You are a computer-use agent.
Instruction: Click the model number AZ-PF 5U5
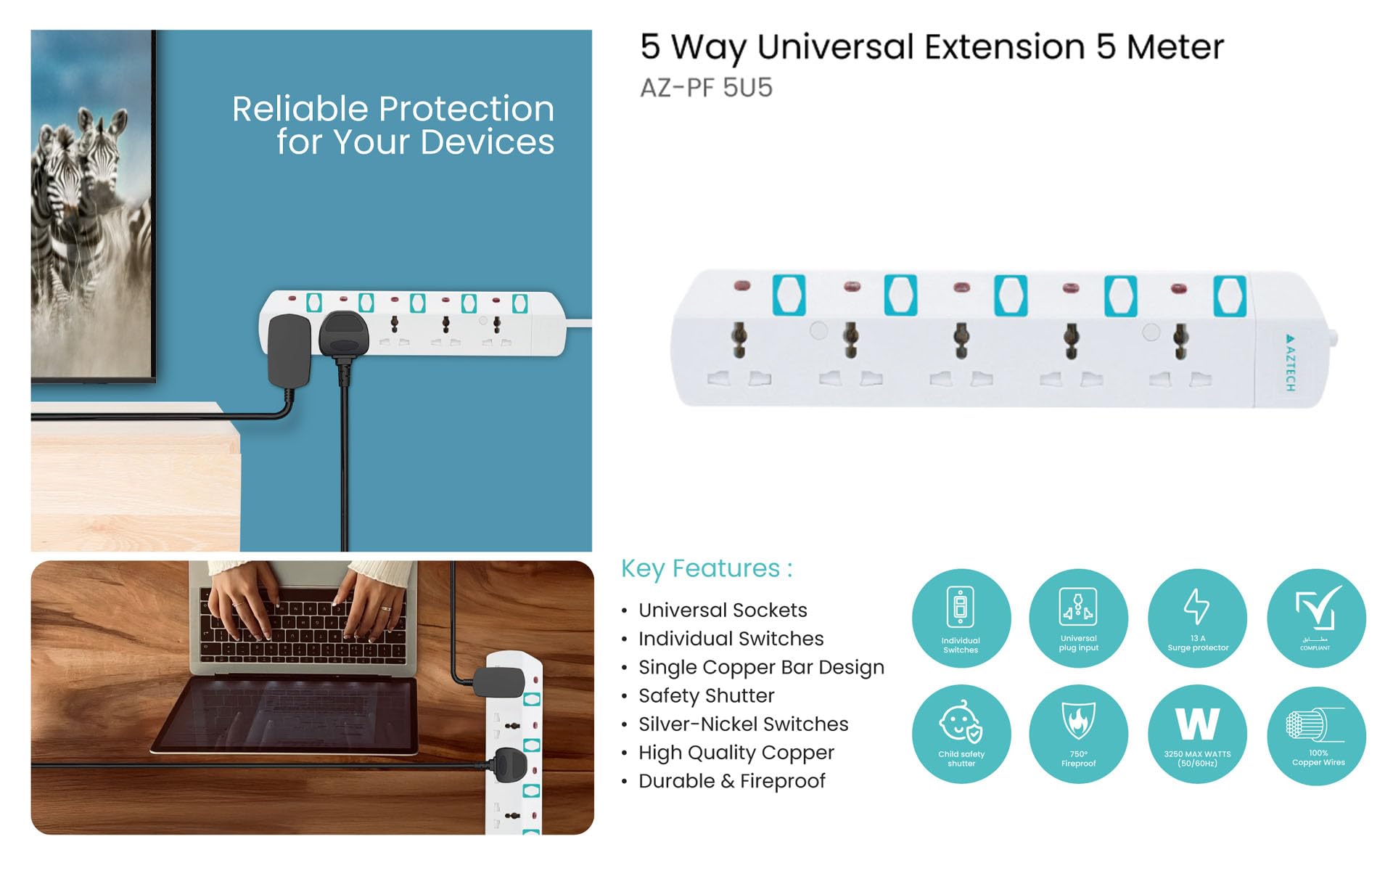click(x=706, y=88)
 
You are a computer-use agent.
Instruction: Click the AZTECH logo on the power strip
click(x=1290, y=362)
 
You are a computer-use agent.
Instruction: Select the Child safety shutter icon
click(x=961, y=734)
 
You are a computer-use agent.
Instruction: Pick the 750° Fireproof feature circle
click(x=1078, y=734)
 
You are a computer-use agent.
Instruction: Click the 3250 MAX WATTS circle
click(x=1197, y=734)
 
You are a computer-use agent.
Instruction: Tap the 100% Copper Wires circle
click(x=1316, y=735)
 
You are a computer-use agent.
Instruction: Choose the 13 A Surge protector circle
click(x=1197, y=618)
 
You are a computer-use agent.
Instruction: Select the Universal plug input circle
click(x=1078, y=618)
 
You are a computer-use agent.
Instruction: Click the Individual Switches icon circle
click(x=961, y=618)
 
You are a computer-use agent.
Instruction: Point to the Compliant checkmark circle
click(x=1316, y=618)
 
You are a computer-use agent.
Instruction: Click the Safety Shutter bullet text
click(x=706, y=695)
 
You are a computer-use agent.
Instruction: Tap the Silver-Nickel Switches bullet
click(x=743, y=724)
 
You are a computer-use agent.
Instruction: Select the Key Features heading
click(x=706, y=568)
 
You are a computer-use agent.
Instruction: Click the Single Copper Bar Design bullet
click(x=761, y=667)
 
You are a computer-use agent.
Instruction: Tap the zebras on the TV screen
click(x=80, y=196)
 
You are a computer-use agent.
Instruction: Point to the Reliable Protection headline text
click(x=393, y=125)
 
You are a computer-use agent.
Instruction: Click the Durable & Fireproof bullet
click(x=731, y=781)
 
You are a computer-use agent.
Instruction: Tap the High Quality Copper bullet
click(x=736, y=753)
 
